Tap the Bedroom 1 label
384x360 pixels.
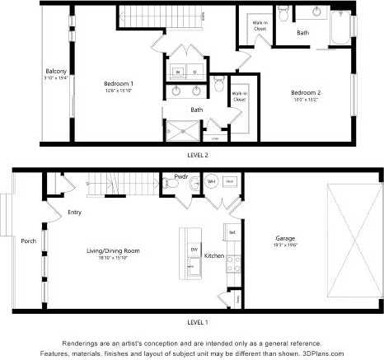(x=119, y=84)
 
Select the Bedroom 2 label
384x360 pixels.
(x=305, y=93)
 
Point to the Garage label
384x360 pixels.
(x=285, y=240)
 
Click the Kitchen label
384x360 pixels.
(x=214, y=256)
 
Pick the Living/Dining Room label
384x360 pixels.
(x=114, y=250)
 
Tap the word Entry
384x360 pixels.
(x=75, y=213)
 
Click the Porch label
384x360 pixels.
(x=27, y=241)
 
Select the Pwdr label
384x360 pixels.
(x=181, y=175)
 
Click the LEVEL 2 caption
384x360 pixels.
(x=198, y=154)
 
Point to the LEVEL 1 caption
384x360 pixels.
(x=198, y=321)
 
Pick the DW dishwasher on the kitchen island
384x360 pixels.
(x=194, y=249)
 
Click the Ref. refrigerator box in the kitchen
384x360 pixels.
(x=232, y=233)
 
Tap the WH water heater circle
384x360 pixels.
(x=211, y=181)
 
